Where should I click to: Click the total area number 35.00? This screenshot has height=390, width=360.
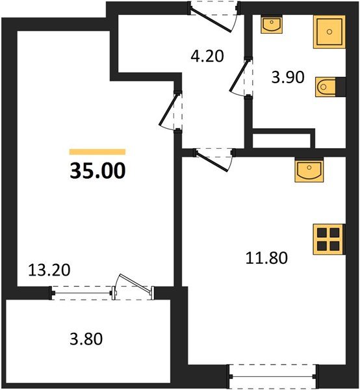click(97, 170)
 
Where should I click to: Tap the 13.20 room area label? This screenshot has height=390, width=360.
click(49, 270)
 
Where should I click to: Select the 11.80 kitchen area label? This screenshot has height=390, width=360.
click(266, 257)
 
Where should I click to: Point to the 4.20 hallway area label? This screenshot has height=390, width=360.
click(207, 56)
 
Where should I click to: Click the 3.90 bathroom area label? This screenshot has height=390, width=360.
click(288, 77)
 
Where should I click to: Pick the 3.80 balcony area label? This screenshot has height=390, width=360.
click(86, 339)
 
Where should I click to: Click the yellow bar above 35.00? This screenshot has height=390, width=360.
click(97, 151)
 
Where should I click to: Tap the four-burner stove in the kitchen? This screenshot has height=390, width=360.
click(328, 239)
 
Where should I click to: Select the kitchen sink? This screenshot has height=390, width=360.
click(309, 171)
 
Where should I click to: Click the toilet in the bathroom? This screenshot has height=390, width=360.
click(326, 87)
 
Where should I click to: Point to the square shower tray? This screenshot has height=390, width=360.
click(329, 32)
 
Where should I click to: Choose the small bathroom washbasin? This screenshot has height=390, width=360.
click(272, 24)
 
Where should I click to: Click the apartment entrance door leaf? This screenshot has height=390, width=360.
click(211, 21)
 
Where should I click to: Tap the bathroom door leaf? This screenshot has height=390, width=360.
click(239, 75)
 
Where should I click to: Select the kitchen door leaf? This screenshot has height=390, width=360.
click(211, 161)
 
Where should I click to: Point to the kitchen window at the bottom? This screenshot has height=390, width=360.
click(273, 376)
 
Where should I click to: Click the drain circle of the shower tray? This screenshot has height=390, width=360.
click(329, 32)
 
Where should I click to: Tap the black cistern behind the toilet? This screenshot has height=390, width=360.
click(341, 87)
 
